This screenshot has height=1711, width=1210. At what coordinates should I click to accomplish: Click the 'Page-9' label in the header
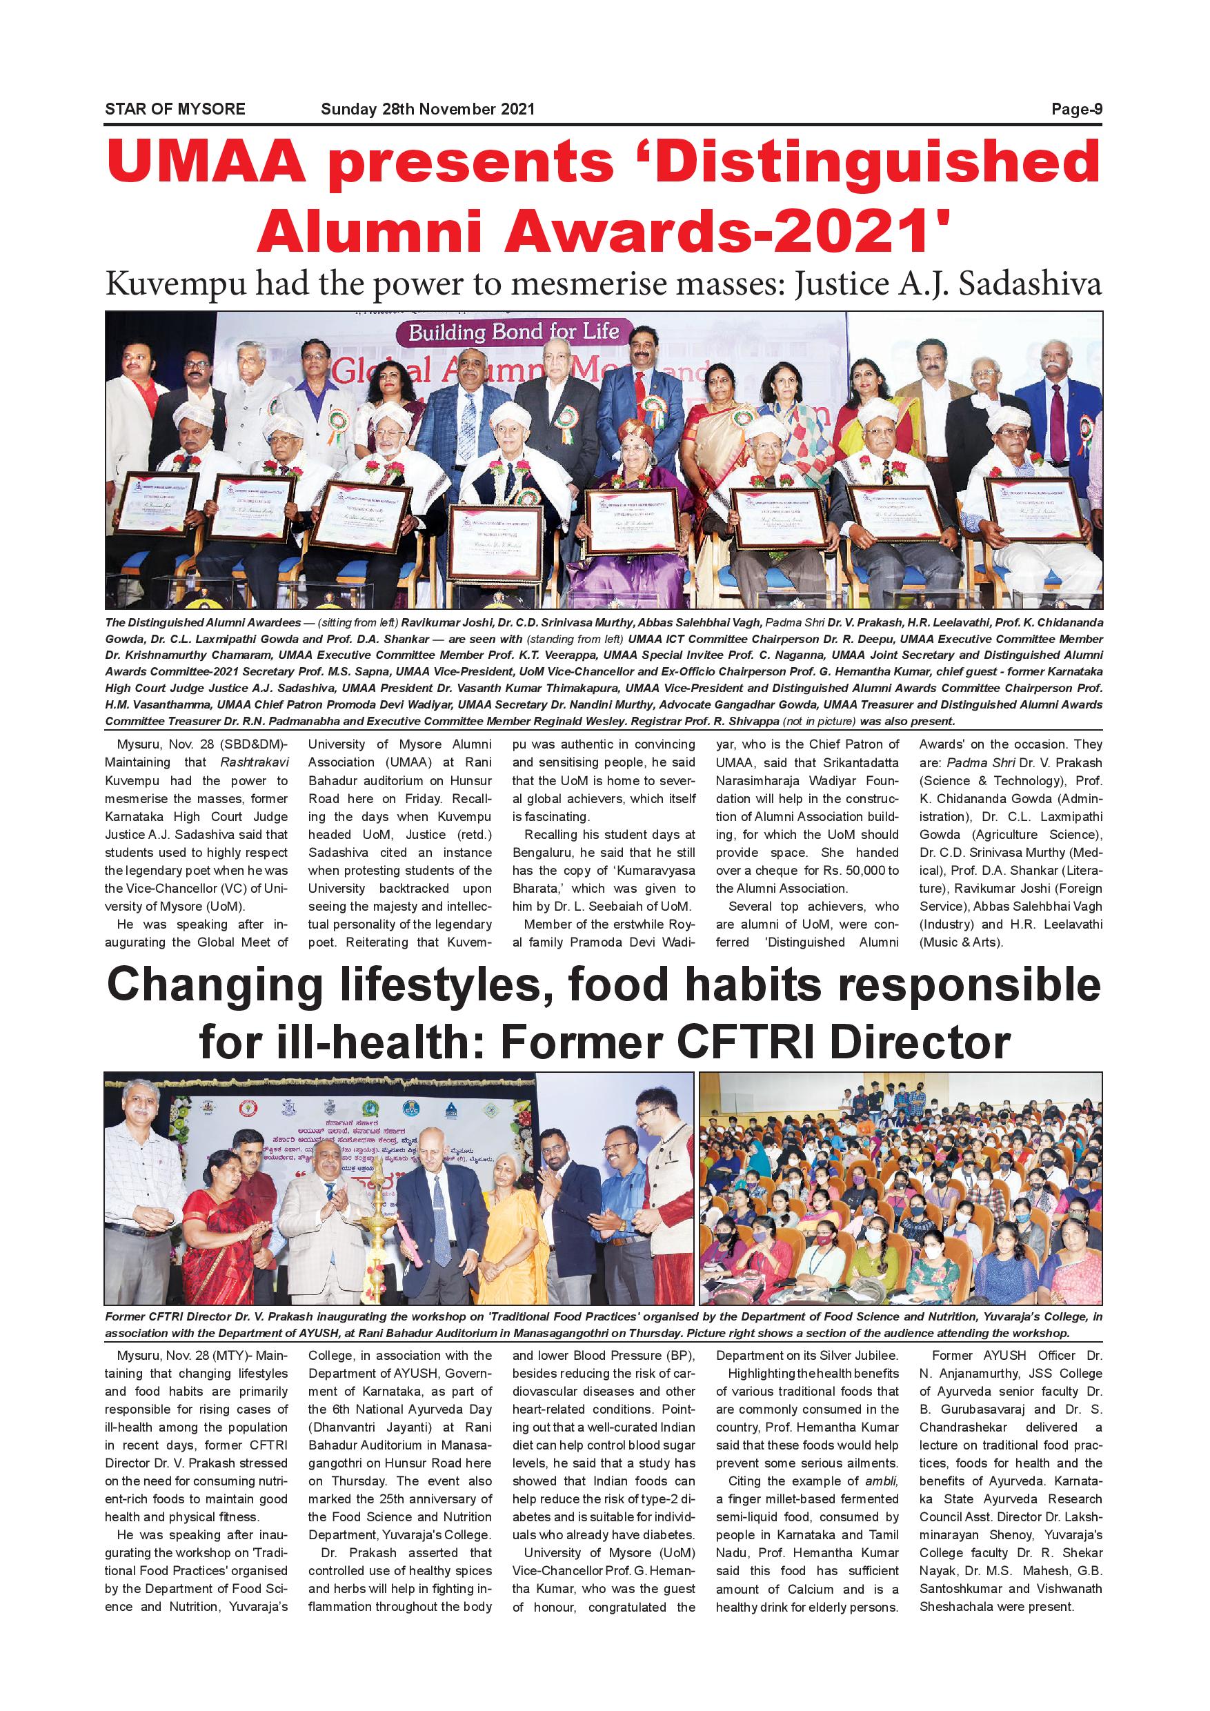click(x=1076, y=110)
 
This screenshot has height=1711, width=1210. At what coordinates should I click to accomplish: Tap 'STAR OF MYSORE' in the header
click(x=175, y=110)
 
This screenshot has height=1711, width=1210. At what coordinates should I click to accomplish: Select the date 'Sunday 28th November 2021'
click(x=427, y=110)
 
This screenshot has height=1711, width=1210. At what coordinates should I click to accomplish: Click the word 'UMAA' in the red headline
click(x=206, y=162)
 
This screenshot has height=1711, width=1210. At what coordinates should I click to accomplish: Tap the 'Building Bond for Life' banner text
click(x=513, y=332)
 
